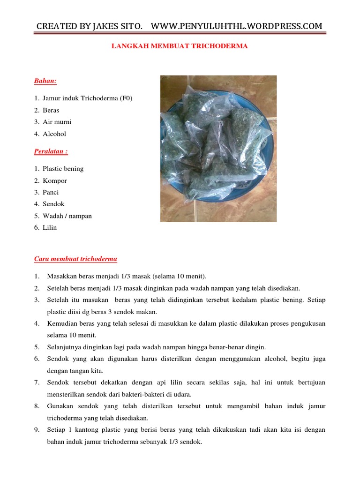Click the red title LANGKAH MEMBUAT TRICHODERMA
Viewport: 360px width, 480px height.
click(x=179, y=46)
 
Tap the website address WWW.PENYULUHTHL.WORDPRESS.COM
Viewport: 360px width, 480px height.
click(x=237, y=26)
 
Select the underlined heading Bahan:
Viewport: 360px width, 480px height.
click(x=45, y=81)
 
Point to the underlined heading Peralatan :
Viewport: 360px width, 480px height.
click(x=52, y=151)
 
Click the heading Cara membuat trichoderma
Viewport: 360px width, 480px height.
click(x=75, y=259)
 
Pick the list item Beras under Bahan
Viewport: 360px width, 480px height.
click(x=51, y=110)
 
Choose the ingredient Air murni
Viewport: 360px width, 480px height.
click(x=57, y=122)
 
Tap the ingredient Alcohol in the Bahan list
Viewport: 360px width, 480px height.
click(x=54, y=134)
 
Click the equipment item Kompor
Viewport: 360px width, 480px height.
click(x=55, y=180)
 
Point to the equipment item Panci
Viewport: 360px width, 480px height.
click(x=51, y=192)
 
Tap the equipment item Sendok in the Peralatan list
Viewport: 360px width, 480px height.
click(x=53, y=204)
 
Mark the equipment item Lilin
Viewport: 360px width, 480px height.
click(x=50, y=227)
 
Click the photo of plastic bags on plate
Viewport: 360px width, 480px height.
click(x=218, y=149)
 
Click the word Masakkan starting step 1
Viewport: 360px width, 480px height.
click(x=62, y=276)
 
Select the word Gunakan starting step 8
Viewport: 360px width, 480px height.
click(x=60, y=406)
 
